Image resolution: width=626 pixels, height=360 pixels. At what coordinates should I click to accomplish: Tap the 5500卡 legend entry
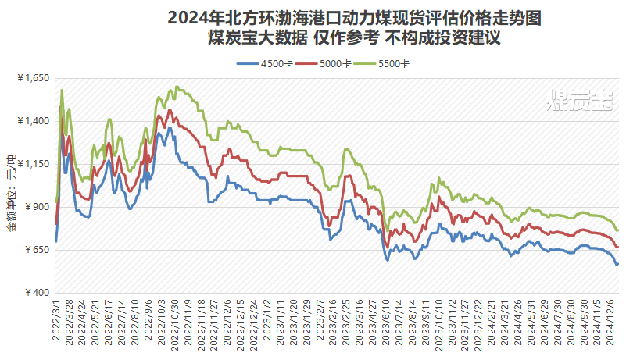click(392, 63)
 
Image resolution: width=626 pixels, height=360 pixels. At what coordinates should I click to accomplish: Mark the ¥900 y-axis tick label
click(36, 207)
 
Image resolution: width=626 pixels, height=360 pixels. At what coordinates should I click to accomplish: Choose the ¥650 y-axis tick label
click(36, 250)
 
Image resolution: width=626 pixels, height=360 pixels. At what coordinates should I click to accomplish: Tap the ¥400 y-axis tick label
click(36, 292)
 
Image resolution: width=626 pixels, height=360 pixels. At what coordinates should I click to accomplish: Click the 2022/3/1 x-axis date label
click(57, 319)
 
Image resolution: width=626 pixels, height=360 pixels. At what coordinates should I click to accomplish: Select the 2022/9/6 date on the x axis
click(148, 319)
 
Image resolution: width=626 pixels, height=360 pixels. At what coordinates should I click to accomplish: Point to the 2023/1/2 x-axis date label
click(269, 319)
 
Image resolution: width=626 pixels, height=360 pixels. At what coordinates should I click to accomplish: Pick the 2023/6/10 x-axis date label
click(387, 319)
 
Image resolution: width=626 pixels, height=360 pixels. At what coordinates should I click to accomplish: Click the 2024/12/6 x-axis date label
click(614, 321)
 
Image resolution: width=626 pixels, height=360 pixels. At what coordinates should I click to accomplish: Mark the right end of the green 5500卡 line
click(617, 230)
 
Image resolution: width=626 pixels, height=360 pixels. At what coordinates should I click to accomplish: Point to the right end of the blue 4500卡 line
click(617, 264)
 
